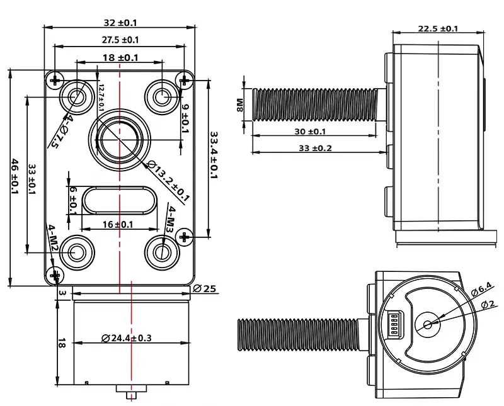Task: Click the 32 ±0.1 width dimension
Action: point(119,23)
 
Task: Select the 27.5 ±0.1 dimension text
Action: point(120,40)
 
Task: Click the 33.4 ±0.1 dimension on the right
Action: point(214,155)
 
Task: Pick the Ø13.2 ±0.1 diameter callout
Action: point(168,180)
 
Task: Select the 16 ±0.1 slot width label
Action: point(118,224)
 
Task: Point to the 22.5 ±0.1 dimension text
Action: point(437,28)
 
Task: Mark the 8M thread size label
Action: point(239,104)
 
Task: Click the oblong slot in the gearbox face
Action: point(118,201)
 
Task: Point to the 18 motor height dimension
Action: point(61,343)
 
